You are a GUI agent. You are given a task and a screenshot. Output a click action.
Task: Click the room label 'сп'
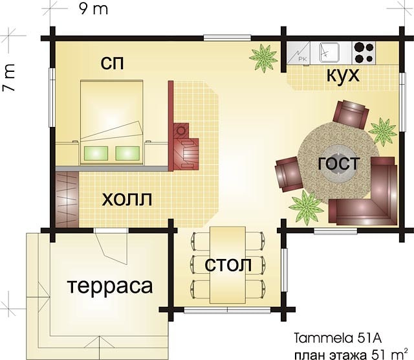click(112, 63)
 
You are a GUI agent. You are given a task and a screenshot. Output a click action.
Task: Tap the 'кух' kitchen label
click(343, 76)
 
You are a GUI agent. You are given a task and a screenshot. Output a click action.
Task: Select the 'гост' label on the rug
click(339, 163)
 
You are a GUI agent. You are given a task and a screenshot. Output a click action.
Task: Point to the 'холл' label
click(127, 199)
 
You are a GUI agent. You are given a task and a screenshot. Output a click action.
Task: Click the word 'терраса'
click(110, 287)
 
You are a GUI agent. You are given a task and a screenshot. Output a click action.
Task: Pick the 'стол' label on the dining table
click(228, 265)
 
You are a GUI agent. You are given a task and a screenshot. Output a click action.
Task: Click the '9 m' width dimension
click(93, 9)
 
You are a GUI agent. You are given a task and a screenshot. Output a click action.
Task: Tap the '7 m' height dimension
click(8, 78)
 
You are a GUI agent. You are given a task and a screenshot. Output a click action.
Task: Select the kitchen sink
click(329, 52)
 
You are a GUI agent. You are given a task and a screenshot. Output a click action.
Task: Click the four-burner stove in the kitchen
click(364, 53)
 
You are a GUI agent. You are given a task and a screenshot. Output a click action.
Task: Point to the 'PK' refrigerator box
click(299, 53)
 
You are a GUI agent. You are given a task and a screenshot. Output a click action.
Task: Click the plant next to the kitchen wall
click(263, 58)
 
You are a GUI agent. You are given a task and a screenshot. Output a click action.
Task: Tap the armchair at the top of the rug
click(351, 114)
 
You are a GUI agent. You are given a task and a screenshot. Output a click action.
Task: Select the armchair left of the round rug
click(289, 174)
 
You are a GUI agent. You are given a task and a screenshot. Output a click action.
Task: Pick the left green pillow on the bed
click(96, 153)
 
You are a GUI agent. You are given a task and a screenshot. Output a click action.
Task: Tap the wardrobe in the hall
click(67, 199)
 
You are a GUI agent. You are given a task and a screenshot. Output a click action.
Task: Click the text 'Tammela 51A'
click(338, 339)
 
